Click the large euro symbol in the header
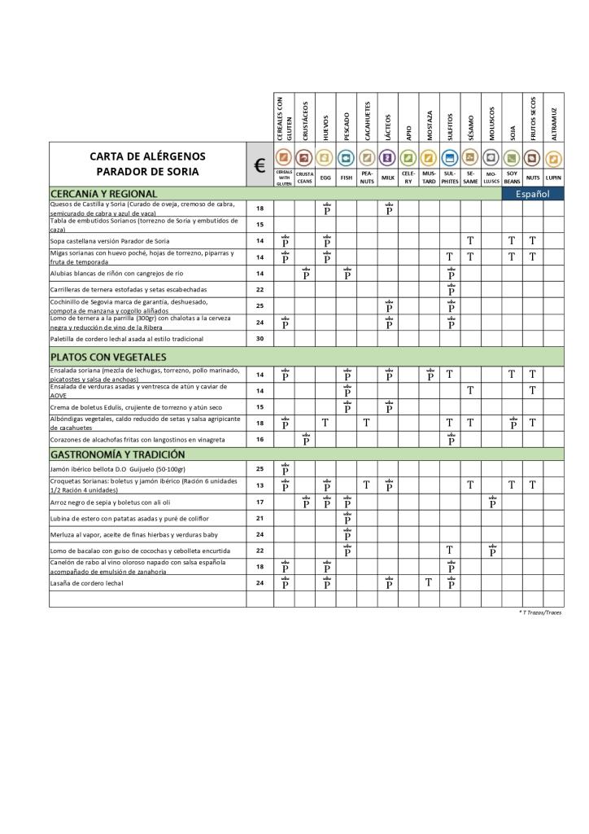point(260,165)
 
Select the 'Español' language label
point(534,194)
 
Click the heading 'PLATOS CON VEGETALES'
point(108,357)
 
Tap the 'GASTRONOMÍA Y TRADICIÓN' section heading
point(117,454)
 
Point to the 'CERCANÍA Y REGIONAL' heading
point(102,193)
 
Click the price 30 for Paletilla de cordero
point(260,338)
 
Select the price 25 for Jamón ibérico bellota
point(260,468)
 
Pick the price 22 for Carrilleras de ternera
point(260,289)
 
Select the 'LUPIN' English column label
point(554,177)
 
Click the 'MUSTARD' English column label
point(430,177)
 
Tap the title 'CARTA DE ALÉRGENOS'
point(147,156)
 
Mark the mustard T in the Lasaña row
point(430,582)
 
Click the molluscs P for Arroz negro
point(491,502)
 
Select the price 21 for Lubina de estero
point(260,518)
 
